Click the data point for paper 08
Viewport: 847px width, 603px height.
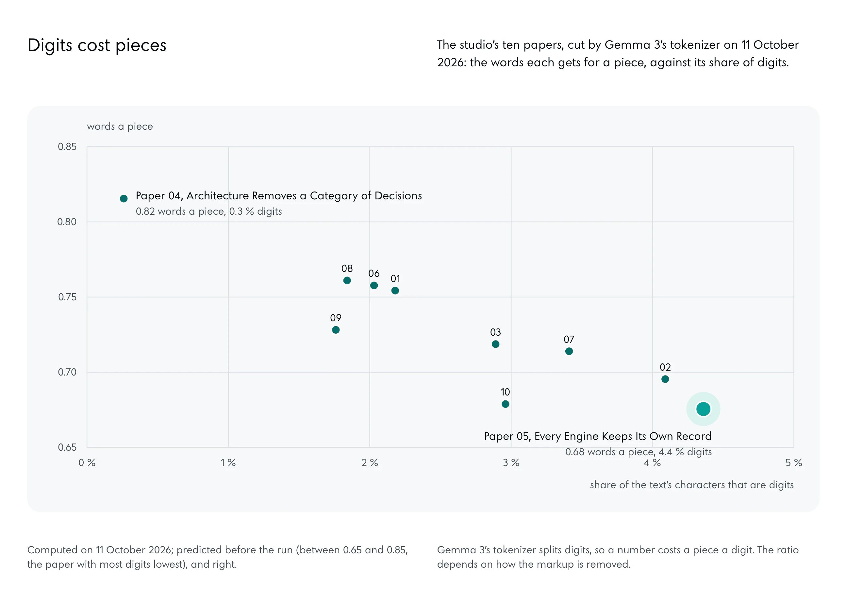pyautogui.click(x=347, y=280)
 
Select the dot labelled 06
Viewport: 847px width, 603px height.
pyautogui.click(x=374, y=285)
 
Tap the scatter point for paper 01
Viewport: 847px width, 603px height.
pyautogui.click(x=395, y=290)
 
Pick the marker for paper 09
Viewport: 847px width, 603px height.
pyautogui.click(x=336, y=330)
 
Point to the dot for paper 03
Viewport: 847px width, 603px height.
pyautogui.click(x=495, y=344)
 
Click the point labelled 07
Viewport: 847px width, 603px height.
pyautogui.click(x=569, y=351)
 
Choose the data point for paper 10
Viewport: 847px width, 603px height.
pyautogui.click(x=505, y=404)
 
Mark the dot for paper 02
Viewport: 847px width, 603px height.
pyautogui.click(x=665, y=379)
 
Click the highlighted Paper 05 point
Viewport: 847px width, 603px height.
pyautogui.click(x=703, y=409)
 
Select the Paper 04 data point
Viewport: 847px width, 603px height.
pyautogui.click(x=124, y=198)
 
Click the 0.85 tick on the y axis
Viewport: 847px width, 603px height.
pyautogui.click(x=67, y=147)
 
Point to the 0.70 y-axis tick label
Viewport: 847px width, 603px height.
pyautogui.click(x=67, y=372)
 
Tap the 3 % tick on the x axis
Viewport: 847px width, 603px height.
pyautogui.click(x=511, y=463)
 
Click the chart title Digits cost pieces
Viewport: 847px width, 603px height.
pyautogui.click(x=97, y=45)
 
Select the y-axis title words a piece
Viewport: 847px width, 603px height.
pyautogui.click(x=120, y=126)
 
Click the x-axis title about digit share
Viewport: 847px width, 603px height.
pyautogui.click(x=691, y=485)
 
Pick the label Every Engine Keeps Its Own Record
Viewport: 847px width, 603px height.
pyautogui.click(x=623, y=436)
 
